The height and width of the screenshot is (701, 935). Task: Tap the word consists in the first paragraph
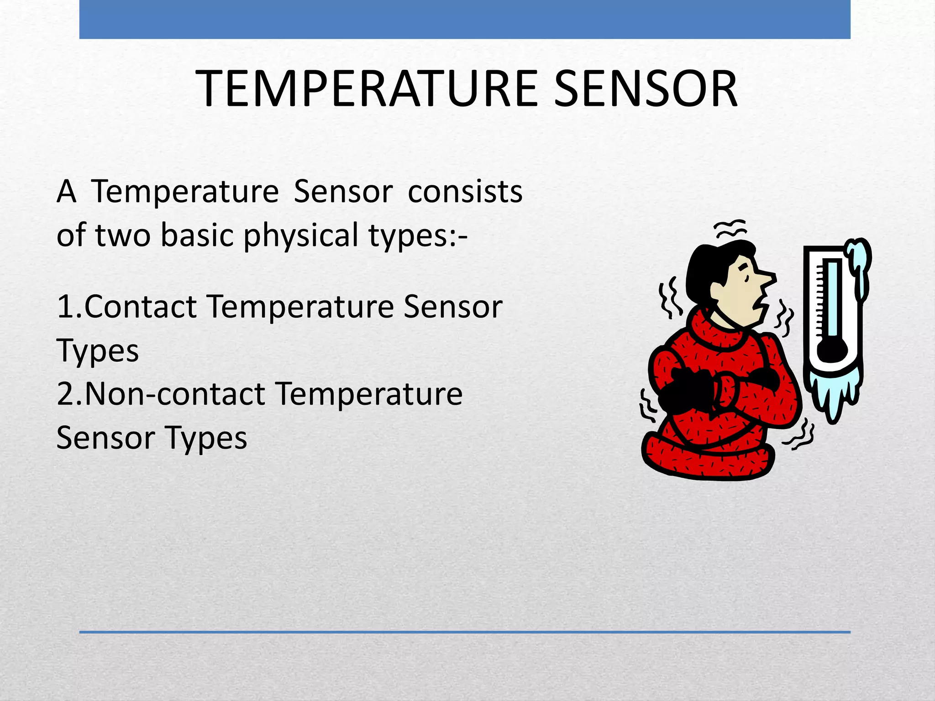click(x=465, y=192)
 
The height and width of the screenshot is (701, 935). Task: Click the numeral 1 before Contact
click(x=64, y=307)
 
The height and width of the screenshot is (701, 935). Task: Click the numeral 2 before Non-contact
click(x=65, y=394)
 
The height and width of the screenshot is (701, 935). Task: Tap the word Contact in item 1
click(x=141, y=307)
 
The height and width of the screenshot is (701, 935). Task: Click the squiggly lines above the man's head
click(x=730, y=228)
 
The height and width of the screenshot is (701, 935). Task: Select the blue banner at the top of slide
click(x=465, y=19)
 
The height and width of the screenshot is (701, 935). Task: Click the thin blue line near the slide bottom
click(x=465, y=632)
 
